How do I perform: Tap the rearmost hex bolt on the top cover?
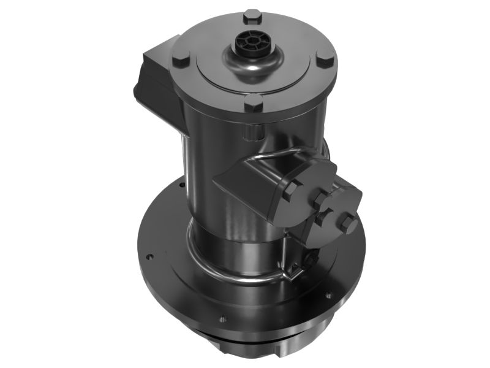click(x=252, y=16)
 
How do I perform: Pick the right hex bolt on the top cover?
click(x=325, y=59)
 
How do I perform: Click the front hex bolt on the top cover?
click(x=253, y=102)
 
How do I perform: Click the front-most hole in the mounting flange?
click(x=222, y=319)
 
